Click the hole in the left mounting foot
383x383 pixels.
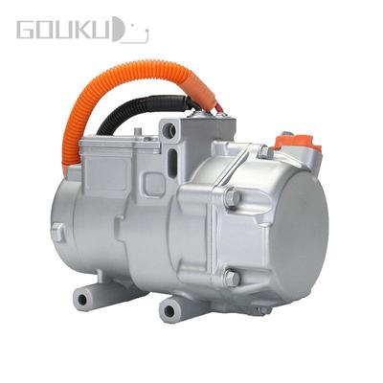[x=82, y=299]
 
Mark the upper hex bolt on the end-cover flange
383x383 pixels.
[x=232, y=197]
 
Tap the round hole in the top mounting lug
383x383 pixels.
[x=169, y=130]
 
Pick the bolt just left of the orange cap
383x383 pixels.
[x=262, y=150]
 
